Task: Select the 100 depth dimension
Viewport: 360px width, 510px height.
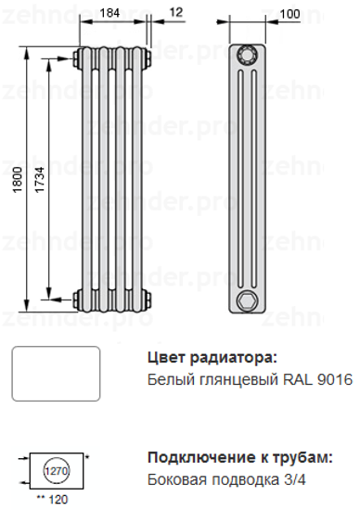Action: pyautogui.click(x=289, y=12)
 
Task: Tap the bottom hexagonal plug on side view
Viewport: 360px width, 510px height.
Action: pyautogui.click(x=246, y=300)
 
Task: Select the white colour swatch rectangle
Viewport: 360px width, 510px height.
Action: pyautogui.click(x=55, y=374)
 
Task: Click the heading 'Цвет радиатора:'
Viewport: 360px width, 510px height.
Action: pyautogui.click(x=212, y=358)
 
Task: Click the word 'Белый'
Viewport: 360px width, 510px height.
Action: pyautogui.click(x=169, y=380)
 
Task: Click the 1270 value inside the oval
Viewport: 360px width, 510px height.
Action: pyautogui.click(x=58, y=472)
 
